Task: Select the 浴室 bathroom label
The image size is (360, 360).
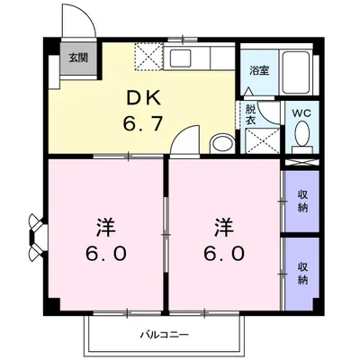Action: coord(258,69)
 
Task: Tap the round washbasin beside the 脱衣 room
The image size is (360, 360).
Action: coord(220,143)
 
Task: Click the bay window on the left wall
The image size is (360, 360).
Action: coord(36,233)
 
